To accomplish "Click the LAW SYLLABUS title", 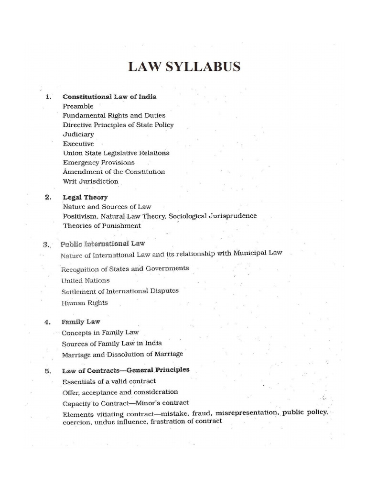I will [x=184, y=67].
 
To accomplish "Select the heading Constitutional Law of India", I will [x=109, y=97].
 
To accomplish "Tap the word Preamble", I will [x=78, y=106].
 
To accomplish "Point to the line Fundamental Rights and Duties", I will [x=114, y=115].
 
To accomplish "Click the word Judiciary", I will [x=78, y=134].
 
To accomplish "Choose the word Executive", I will [x=78, y=144].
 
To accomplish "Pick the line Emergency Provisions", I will [x=98, y=162].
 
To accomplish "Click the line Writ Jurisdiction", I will [x=90, y=181].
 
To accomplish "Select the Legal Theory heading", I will [x=85, y=197].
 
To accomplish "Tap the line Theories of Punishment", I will [x=102, y=225].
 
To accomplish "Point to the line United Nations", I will [x=86, y=280].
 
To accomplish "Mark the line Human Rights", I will [x=85, y=303].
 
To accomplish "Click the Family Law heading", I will [x=81, y=322].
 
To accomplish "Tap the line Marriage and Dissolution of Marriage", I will [x=122, y=355].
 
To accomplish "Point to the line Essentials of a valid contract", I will [x=109, y=381].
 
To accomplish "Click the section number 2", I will [x=48, y=197].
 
